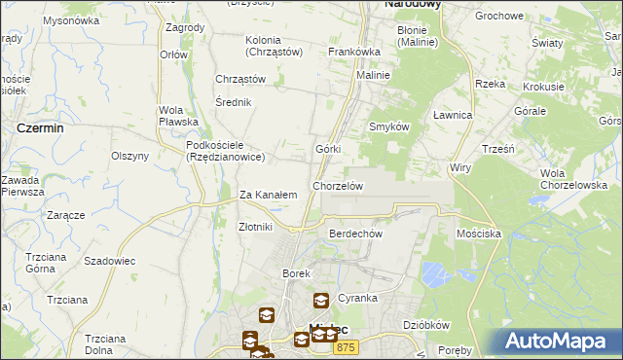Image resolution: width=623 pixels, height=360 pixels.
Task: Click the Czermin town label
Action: pos(40,127)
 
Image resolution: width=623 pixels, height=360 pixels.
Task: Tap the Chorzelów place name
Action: pos(338,186)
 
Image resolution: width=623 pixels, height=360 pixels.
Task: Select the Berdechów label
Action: pos(355,234)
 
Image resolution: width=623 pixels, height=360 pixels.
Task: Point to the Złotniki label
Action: pos(255,227)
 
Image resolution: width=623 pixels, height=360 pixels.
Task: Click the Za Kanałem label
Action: pos(268,196)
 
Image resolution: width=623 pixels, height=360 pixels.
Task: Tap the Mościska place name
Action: pos(478,234)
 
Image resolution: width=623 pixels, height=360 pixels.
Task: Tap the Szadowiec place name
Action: pos(109,262)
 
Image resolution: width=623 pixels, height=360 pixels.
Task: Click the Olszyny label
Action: pos(129,156)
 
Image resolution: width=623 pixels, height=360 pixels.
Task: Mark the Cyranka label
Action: pos(357,298)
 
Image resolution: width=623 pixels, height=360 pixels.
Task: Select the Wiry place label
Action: pos(459,168)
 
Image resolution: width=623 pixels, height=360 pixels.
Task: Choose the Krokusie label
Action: pos(543,87)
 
